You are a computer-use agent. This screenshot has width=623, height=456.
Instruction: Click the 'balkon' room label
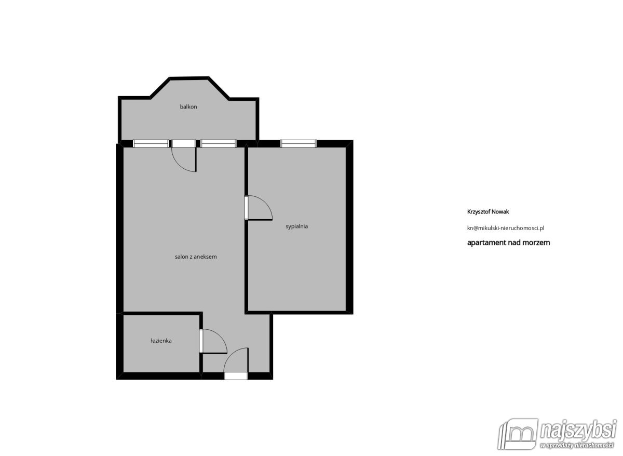[x=188, y=107]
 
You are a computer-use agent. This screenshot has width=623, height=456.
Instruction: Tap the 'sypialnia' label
[x=297, y=226]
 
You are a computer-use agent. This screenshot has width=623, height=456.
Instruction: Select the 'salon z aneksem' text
[x=195, y=257]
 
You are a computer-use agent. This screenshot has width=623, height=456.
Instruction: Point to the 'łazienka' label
[x=161, y=341]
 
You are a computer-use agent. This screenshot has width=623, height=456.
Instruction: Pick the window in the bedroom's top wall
[x=299, y=144]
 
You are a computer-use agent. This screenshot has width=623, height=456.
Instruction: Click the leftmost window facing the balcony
[x=151, y=144]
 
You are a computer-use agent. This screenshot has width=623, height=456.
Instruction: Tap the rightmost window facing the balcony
[x=219, y=144]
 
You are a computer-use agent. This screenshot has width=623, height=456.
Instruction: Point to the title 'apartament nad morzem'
[x=509, y=243]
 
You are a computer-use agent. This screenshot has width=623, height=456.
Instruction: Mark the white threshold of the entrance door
[x=236, y=376]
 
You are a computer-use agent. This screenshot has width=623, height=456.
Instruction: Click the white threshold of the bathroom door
[x=201, y=341]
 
